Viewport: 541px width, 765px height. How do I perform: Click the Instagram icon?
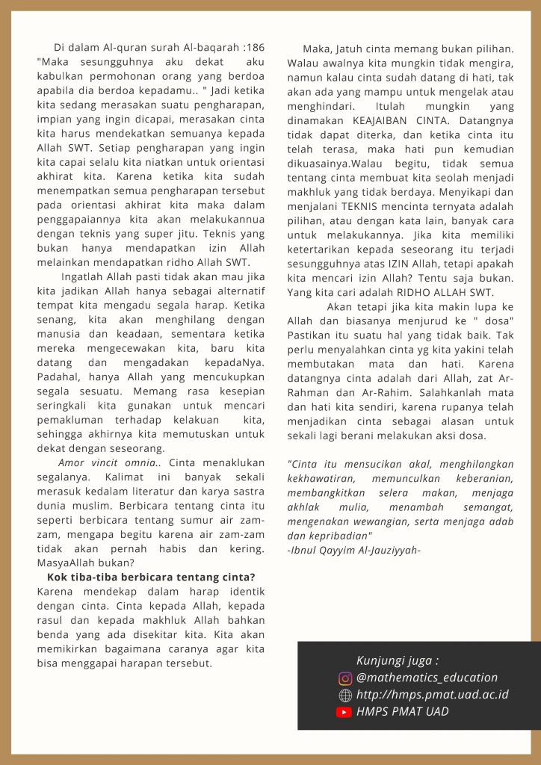point(345,678)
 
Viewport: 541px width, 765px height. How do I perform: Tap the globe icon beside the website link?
point(345,696)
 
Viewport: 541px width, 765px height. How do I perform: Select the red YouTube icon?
point(344,713)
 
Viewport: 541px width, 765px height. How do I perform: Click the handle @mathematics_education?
point(427,678)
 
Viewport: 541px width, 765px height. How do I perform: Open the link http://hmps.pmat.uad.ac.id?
point(433,696)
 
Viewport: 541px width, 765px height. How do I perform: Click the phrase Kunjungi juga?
point(397,661)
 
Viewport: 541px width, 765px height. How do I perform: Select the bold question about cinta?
point(151,577)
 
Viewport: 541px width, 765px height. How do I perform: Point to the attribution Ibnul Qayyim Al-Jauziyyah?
point(354,551)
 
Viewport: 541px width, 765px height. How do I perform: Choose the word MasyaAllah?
point(68,563)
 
